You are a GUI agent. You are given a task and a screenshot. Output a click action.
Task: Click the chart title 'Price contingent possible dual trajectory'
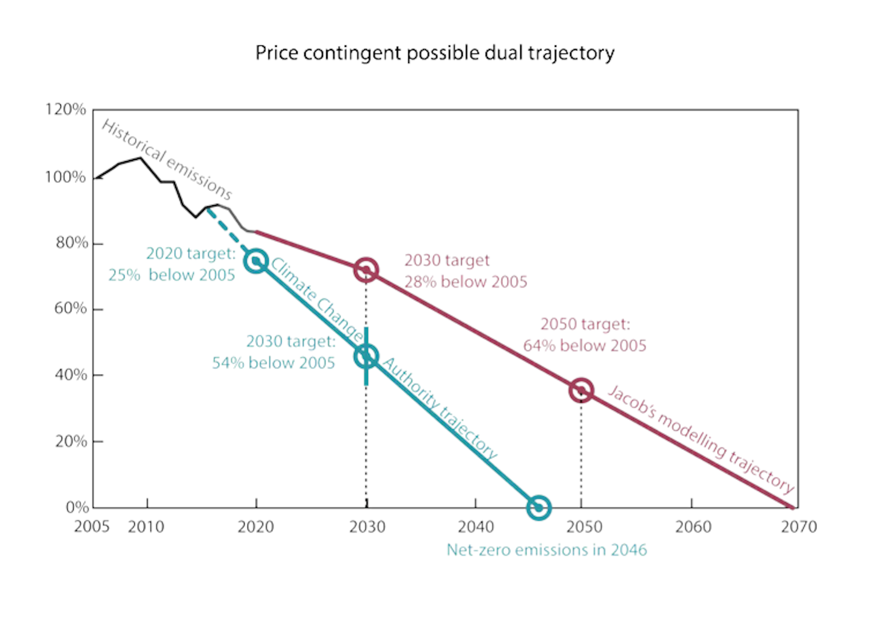click(435, 53)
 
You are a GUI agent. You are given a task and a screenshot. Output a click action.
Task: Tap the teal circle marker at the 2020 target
click(256, 261)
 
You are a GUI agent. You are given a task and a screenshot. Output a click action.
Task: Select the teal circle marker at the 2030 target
click(366, 357)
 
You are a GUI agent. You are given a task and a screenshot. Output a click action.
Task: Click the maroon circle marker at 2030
click(366, 270)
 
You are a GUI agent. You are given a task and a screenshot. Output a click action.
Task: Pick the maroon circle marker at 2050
click(581, 390)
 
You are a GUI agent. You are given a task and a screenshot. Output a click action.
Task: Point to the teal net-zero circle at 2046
click(538, 507)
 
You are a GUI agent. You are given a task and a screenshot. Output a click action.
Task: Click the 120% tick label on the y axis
click(65, 109)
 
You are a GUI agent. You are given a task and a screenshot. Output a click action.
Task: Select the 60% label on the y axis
click(70, 309)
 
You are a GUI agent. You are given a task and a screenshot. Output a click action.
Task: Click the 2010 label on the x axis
click(146, 527)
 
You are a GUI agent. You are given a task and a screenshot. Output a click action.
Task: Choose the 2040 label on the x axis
click(475, 527)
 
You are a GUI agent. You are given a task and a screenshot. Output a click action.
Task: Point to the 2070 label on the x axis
click(798, 527)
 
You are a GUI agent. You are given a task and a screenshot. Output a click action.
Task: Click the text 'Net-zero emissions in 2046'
click(547, 550)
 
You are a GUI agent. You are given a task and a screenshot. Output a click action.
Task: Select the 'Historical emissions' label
click(166, 159)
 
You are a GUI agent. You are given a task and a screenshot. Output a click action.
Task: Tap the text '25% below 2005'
click(171, 275)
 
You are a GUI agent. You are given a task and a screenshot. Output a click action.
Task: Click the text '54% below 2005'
click(274, 363)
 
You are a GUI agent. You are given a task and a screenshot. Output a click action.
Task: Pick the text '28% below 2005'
click(466, 282)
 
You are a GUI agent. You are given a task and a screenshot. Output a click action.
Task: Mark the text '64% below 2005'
click(585, 346)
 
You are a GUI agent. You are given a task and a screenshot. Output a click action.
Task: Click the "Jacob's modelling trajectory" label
click(700, 439)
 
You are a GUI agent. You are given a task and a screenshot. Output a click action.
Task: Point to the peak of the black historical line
click(141, 158)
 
